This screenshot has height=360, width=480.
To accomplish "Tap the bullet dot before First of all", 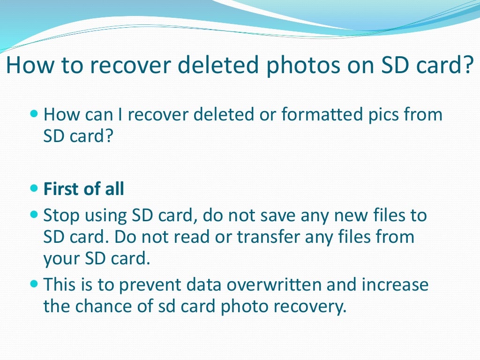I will (33, 188).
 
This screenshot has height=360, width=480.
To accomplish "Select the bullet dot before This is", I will (33, 284).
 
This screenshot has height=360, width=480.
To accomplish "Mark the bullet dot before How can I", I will (33, 114).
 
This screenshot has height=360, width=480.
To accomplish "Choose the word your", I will (61, 259).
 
